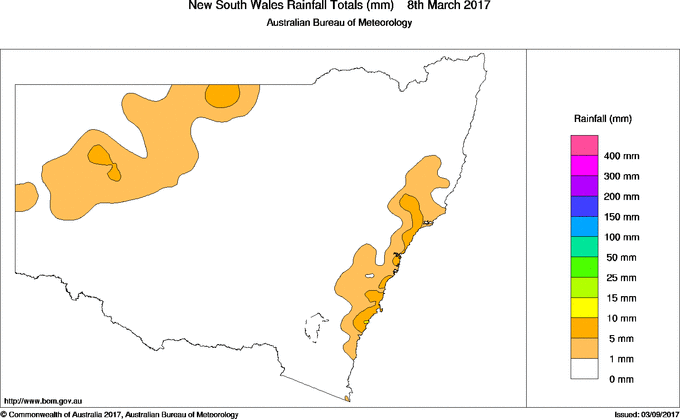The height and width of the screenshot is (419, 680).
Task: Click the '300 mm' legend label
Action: tap(621, 177)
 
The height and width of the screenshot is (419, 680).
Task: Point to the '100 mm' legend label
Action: tap(621, 238)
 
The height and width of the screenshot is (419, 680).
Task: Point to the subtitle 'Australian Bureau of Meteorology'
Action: tap(338, 23)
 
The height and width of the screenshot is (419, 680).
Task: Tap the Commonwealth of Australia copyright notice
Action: tap(120, 413)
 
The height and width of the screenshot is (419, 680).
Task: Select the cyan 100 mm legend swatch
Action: tap(584, 238)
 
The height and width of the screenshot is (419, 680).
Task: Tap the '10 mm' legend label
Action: tap(619, 319)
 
